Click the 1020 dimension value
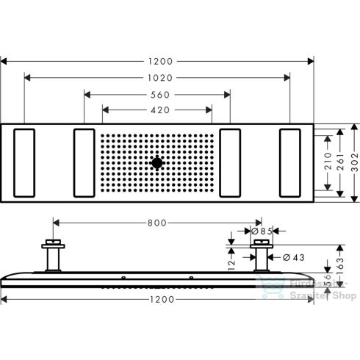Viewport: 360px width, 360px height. [x=157, y=75]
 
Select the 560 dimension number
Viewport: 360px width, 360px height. [x=157, y=93]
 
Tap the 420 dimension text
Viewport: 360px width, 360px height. [x=157, y=111]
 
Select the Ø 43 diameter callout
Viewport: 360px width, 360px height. [x=292, y=257]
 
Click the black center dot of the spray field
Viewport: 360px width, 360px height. [x=157, y=162]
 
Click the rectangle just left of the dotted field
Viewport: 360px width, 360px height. [x=84, y=162]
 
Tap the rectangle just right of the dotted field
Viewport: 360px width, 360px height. [x=231, y=162]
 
